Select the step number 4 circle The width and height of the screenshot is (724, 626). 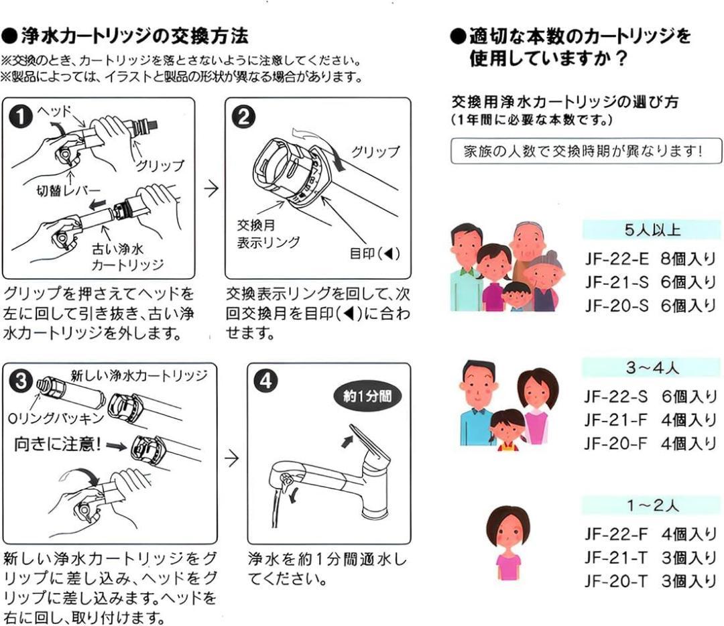(265, 382)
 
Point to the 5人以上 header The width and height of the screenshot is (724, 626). (651, 231)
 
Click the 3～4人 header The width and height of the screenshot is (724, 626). (651, 368)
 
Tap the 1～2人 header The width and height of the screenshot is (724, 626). (651, 505)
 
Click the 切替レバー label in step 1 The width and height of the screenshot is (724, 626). (68, 194)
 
